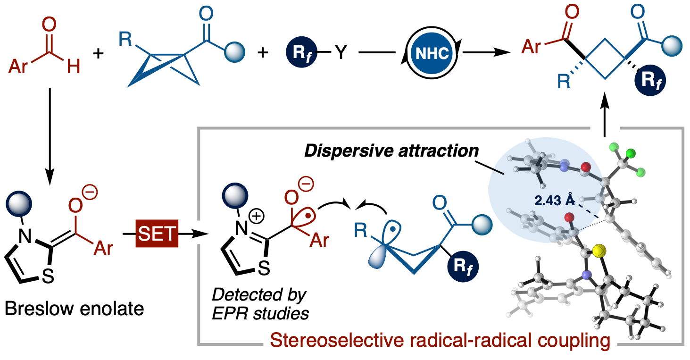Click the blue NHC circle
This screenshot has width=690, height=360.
(431, 53)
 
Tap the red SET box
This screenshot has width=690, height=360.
(157, 234)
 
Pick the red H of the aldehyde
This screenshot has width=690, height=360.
(74, 67)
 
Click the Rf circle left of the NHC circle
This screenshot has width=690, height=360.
(302, 53)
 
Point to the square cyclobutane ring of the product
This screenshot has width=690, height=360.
(606, 59)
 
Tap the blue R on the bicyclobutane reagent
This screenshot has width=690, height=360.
(125, 40)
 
